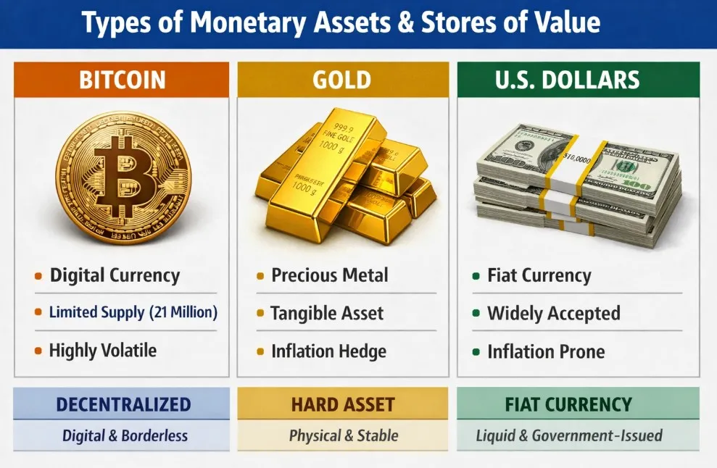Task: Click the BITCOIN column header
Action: click(x=122, y=79)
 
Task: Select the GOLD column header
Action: click(x=342, y=79)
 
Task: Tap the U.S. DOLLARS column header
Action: click(x=578, y=79)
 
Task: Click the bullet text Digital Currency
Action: click(x=114, y=276)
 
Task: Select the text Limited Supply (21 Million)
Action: click(x=133, y=313)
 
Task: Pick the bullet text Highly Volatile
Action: click(x=102, y=351)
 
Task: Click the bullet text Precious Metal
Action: click(x=329, y=275)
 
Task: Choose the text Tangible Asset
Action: click(x=326, y=314)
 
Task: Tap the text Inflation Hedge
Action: click(x=328, y=351)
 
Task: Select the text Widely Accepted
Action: click(x=553, y=314)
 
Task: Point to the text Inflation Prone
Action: click(x=545, y=351)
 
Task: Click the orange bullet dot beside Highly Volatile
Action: click(x=38, y=351)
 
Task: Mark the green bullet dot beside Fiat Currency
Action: click(x=476, y=276)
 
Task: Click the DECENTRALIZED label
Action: click(x=122, y=404)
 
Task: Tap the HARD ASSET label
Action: click(x=343, y=404)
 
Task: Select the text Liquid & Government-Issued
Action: click(x=569, y=436)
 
